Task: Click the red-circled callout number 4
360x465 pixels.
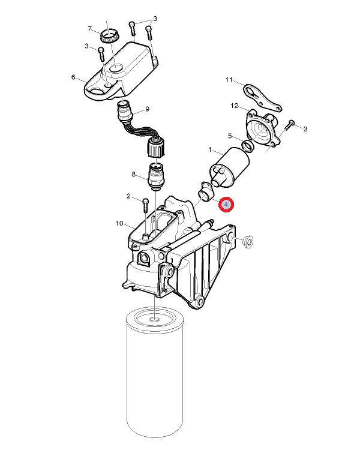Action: pyautogui.click(x=226, y=205)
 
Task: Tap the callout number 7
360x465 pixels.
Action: pyautogui.click(x=90, y=29)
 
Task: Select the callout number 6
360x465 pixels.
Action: pyautogui.click(x=73, y=77)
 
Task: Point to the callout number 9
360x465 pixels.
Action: pyautogui.click(x=147, y=109)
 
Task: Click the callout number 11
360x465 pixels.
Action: pyautogui.click(x=229, y=79)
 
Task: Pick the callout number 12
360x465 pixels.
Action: pyautogui.click(x=234, y=106)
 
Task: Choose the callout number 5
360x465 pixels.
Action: pyautogui.click(x=230, y=136)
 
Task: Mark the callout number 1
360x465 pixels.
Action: pyautogui.click(x=210, y=150)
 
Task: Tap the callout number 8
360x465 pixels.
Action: pyautogui.click(x=133, y=175)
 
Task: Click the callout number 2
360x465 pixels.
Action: pyautogui.click(x=128, y=196)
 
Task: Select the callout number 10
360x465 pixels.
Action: pyautogui.click(x=119, y=223)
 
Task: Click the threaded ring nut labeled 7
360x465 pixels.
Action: pyautogui.click(x=110, y=36)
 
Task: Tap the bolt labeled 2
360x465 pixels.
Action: pyautogui.click(x=145, y=205)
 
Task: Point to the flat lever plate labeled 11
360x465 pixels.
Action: pyautogui.click(x=262, y=98)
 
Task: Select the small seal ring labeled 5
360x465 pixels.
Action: pyautogui.click(x=248, y=146)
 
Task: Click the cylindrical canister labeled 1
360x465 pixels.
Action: pyautogui.click(x=230, y=167)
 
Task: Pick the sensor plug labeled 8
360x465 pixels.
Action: pyautogui.click(x=155, y=177)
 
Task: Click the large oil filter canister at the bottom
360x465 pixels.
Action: pyautogui.click(x=155, y=372)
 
